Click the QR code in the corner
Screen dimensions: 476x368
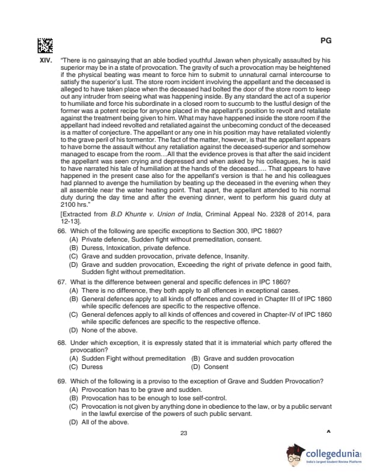pos(45,45)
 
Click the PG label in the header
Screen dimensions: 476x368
pos(326,41)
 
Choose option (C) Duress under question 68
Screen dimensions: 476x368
pos(87,366)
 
